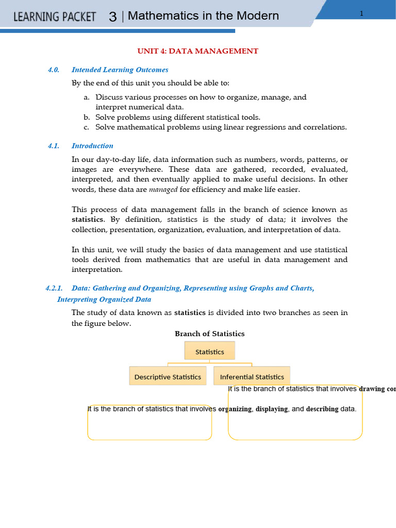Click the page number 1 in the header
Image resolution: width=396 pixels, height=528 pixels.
[x=361, y=13]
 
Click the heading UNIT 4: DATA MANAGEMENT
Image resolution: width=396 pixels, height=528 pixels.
[x=197, y=51]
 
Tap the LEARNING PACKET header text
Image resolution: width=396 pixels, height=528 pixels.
[x=55, y=16]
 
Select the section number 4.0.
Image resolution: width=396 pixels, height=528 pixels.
[x=54, y=70]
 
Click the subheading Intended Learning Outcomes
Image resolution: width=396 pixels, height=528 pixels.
[x=120, y=70]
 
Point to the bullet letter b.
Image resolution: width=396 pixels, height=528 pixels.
[x=86, y=117]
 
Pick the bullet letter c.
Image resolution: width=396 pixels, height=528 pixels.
[x=86, y=127]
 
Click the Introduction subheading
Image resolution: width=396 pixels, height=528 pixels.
[x=92, y=146]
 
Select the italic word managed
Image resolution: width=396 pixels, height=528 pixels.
[x=163, y=189]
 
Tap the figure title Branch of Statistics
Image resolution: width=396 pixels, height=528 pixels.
[x=209, y=334]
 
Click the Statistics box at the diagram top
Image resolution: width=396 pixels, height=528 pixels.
[x=209, y=352]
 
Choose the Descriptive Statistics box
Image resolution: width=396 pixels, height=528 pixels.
[x=168, y=377]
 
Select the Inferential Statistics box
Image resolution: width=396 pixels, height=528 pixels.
[x=252, y=377]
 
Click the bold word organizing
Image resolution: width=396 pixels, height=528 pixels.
[x=235, y=409]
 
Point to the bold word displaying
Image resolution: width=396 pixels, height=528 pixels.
[x=272, y=409]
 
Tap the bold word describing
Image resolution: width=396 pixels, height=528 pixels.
[x=322, y=409]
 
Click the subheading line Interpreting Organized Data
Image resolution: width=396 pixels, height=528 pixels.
[x=104, y=300]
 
